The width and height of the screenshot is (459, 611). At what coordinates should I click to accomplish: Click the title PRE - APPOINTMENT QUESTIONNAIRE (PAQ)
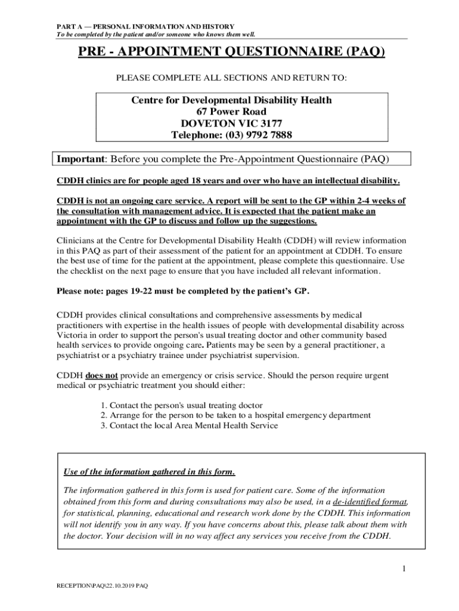[231, 53]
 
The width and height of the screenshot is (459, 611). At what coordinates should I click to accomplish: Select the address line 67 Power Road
[231, 112]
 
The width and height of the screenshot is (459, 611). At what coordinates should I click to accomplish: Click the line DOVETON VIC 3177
[231, 124]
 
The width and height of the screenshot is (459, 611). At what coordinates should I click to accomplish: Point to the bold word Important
[80, 159]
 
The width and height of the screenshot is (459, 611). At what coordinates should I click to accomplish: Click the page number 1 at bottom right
[404, 569]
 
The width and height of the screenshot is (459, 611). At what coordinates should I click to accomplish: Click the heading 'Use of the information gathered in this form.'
[149, 472]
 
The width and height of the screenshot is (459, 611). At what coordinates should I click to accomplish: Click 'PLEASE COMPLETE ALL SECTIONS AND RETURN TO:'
[231, 78]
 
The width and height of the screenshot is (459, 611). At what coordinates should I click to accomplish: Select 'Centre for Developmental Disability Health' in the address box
[231, 100]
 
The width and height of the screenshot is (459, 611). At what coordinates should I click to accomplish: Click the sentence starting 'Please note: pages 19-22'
[183, 291]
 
